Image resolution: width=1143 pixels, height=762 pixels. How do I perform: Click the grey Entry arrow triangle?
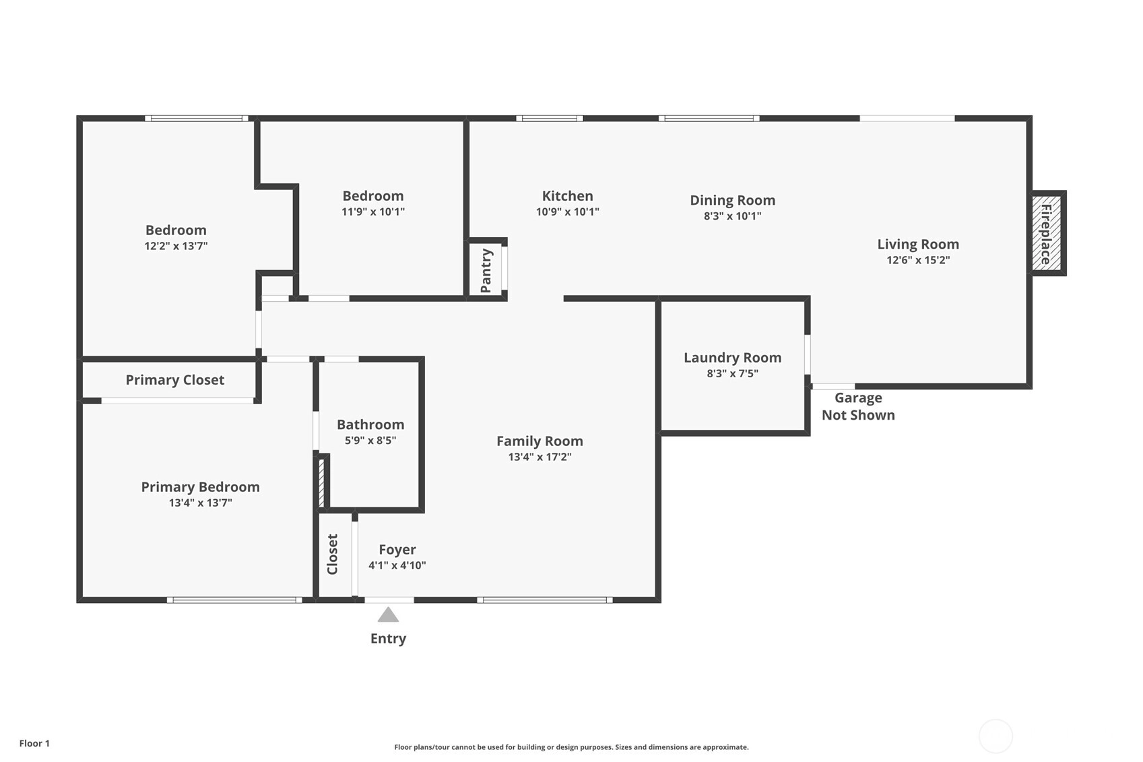click(388, 614)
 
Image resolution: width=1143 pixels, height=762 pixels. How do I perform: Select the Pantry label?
click(486, 270)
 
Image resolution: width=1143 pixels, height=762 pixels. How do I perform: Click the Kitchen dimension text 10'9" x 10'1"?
click(567, 212)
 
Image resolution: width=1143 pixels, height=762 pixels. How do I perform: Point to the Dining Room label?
click(733, 200)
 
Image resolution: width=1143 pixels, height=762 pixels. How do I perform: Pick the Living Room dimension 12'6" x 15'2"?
click(918, 260)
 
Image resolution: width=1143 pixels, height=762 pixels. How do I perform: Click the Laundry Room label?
click(733, 358)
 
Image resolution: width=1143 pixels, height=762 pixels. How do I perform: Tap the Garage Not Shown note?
click(858, 406)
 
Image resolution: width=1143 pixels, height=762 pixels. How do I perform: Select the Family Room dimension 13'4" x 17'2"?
click(540, 457)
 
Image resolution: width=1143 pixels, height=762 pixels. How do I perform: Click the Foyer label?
click(397, 550)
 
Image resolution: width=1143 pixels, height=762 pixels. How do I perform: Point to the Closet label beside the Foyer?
click(332, 554)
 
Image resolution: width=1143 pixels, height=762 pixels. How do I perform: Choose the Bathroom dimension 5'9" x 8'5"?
click(370, 441)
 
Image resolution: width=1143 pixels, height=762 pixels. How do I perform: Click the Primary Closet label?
click(175, 380)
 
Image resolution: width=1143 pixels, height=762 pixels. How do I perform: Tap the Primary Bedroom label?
click(201, 487)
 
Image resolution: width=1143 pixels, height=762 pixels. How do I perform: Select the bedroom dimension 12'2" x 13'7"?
click(176, 246)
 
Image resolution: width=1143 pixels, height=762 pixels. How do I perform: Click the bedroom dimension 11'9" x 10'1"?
click(373, 212)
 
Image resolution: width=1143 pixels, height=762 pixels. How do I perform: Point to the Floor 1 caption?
click(35, 743)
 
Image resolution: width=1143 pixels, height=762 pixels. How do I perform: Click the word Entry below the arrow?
click(389, 639)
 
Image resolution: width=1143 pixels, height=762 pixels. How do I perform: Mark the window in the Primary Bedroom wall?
click(234, 600)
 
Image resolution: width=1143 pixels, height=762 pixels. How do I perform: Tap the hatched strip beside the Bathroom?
click(321, 482)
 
